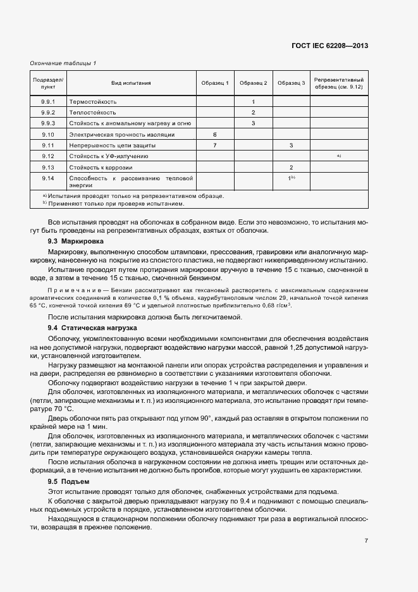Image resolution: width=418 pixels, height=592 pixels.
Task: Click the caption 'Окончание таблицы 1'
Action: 63,63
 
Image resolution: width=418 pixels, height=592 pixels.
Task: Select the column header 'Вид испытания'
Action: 131,83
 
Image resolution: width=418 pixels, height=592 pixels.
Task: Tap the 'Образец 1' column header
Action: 215,83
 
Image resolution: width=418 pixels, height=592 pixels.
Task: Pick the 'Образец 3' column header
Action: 291,83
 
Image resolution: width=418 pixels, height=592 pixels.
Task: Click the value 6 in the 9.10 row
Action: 215,135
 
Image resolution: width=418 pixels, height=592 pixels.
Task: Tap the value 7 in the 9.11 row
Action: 215,145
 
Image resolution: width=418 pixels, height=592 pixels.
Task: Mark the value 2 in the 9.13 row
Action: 291,168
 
